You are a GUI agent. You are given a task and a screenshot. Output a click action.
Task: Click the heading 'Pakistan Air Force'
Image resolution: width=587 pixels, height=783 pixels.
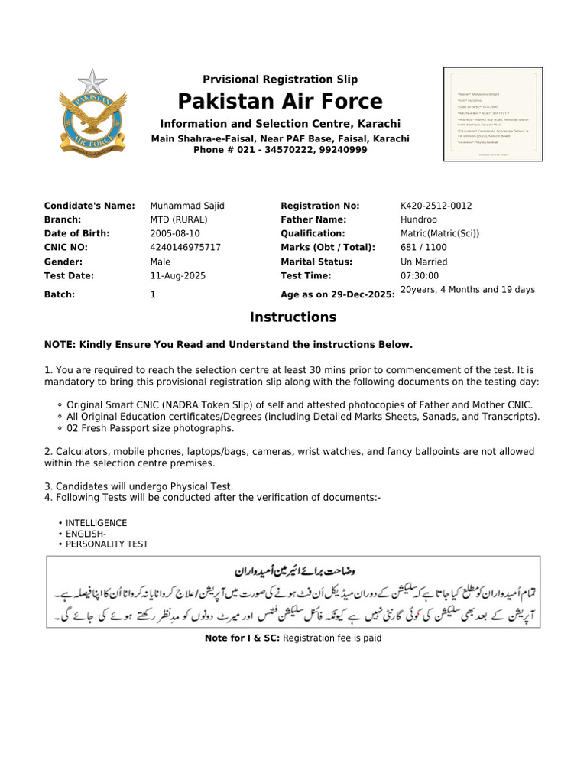coord(280,101)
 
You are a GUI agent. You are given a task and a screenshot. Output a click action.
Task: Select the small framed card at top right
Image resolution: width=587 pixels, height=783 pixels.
coord(494,113)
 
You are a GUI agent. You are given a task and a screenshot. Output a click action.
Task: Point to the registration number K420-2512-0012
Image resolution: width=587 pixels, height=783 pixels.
coord(436,206)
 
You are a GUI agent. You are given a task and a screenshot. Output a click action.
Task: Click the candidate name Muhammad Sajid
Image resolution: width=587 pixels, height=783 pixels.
coord(187,206)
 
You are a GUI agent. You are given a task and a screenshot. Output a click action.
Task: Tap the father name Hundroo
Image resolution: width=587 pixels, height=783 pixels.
coord(420,219)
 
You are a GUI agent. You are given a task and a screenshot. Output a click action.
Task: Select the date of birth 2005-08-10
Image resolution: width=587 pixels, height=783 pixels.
coord(175,233)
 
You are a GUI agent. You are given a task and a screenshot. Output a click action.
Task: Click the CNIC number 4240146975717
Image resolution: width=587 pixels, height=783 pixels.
coord(186,247)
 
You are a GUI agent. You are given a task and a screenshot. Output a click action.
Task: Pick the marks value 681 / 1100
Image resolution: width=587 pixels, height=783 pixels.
coord(423,247)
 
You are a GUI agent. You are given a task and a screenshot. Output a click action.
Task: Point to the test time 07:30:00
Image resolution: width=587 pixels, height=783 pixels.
coord(420,275)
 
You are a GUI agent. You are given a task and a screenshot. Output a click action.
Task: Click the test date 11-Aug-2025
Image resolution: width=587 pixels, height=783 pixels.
coord(178,275)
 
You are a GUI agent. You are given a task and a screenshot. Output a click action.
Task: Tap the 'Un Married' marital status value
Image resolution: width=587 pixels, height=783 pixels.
coord(423,262)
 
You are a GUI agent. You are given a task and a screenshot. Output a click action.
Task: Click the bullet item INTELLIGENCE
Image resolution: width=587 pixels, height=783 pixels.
coord(96,523)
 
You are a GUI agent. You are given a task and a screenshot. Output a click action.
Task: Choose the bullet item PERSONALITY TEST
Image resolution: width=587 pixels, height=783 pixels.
coord(107,544)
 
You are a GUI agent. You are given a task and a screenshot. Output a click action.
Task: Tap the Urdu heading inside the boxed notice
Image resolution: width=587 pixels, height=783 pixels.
coord(293,571)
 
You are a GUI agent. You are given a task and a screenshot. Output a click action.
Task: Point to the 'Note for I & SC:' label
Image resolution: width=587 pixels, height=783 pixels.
coord(242,638)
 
